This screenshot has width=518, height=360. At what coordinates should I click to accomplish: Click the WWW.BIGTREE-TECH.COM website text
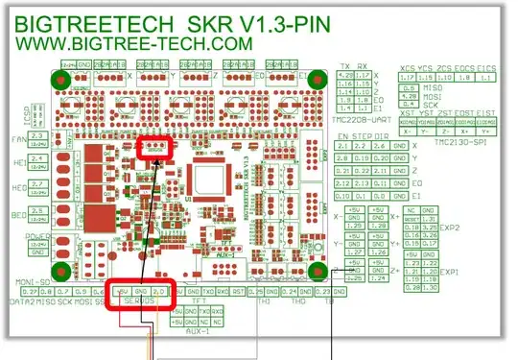[131, 43]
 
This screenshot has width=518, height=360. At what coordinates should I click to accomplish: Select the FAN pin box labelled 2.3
[40, 137]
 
